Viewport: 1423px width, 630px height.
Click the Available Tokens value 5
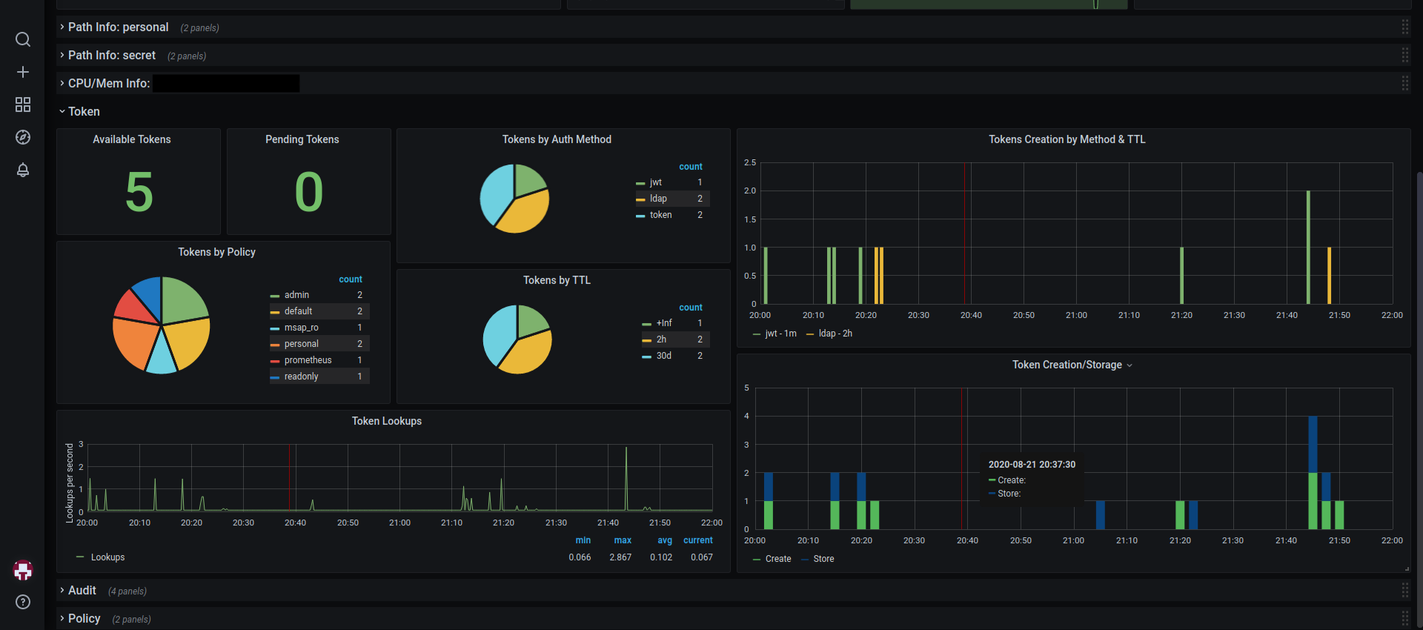pos(139,192)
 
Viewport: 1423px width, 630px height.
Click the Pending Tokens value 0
pos(309,192)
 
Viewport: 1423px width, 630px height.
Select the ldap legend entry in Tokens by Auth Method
pos(658,199)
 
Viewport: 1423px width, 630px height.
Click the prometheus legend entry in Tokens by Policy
pos(308,360)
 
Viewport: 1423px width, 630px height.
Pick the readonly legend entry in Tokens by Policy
pos(301,377)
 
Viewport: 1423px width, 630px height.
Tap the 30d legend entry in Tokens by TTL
pos(663,356)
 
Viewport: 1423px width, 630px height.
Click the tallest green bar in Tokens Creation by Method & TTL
pos(1308,248)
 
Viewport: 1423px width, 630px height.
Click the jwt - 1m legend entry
pos(774,334)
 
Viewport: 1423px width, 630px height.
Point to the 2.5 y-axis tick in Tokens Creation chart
pos(750,162)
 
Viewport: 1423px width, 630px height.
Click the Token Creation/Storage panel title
pos(1067,365)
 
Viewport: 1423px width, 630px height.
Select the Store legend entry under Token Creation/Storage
pos(817,559)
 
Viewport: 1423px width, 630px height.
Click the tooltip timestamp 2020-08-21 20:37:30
pos(1032,465)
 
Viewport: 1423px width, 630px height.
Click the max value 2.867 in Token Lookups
pos(620,557)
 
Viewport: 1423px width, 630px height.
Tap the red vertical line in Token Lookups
pos(289,477)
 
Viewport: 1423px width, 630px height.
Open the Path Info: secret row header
pos(112,56)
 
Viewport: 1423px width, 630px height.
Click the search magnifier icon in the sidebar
pos(23,39)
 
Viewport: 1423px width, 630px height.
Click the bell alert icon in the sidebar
pos(23,170)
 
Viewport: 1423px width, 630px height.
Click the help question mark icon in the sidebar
pos(23,602)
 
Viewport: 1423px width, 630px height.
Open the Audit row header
pos(82,591)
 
